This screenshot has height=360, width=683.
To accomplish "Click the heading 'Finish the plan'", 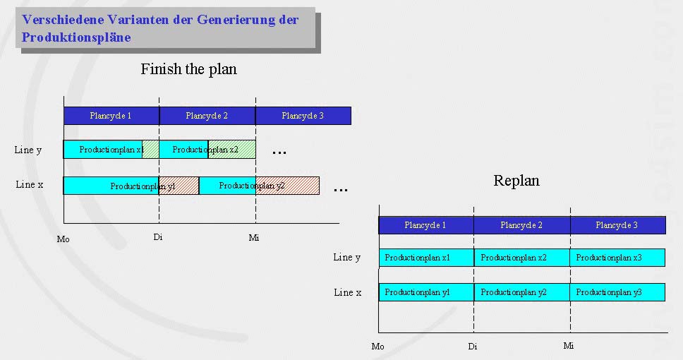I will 188,69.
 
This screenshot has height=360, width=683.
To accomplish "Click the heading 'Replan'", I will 516,181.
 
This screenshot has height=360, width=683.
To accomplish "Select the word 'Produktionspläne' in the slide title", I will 76,37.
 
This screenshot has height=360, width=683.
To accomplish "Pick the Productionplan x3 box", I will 617,258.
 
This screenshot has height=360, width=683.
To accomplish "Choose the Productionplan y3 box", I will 617,292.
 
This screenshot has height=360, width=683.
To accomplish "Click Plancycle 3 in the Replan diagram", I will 617,225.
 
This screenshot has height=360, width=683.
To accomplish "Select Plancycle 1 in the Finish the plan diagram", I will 111,115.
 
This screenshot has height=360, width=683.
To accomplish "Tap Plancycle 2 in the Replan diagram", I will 521,225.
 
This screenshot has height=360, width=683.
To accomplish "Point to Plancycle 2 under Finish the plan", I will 207,115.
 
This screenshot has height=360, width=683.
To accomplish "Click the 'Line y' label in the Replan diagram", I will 346,257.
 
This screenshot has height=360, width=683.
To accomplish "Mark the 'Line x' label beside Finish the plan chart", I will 30,184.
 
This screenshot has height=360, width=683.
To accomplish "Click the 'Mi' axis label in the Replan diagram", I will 569,346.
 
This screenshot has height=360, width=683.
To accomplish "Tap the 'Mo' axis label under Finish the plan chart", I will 64,239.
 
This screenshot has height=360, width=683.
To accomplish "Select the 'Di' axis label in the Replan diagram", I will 472,347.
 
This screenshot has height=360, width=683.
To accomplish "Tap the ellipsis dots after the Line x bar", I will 340,190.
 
